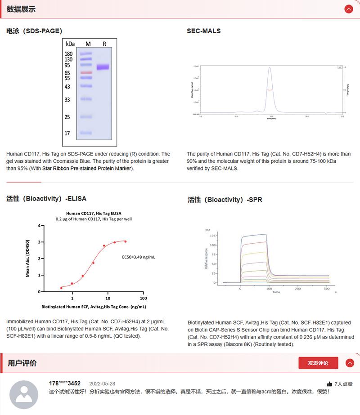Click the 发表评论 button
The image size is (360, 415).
pyautogui.click(x=318, y=363)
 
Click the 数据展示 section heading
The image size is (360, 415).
pyautogui.click(x=21, y=9)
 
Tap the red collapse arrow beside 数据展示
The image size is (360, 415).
pyautogui.click(x=348, y=9)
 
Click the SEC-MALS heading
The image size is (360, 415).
pyautogui.click(x=204, y=31)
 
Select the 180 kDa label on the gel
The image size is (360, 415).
pyautogui.click(x=68, y=54)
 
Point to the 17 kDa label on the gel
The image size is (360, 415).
pyautogui.click(x=67, y=133)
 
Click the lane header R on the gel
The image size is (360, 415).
pyautogui.click(x=104, y=44)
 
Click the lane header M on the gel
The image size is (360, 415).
pyautogui.click(x=88, y=44)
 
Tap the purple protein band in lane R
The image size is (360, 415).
pyautogui.click(x=103, y=67)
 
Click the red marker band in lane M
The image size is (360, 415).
pyautogui.click(x=86, y=72)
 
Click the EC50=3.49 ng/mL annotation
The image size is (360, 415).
pyautogui.click(x=139, y=257)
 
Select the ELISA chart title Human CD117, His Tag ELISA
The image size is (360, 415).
pyautogui.click(x=94, y=214)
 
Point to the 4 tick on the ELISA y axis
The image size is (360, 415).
pyautogui.click(x=39, y=226)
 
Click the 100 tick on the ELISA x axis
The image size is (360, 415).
pyautogui.click(x=143, y=298)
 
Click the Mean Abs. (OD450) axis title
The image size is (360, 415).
pyautogui.click(x=28, y=258)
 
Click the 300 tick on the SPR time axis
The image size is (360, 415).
pyautogui.click(x=326, y=288)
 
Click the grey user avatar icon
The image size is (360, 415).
pyautogui.click(x=24, y=395)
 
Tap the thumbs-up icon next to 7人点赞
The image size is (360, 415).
pyautogui.click(x=329, y=384)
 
